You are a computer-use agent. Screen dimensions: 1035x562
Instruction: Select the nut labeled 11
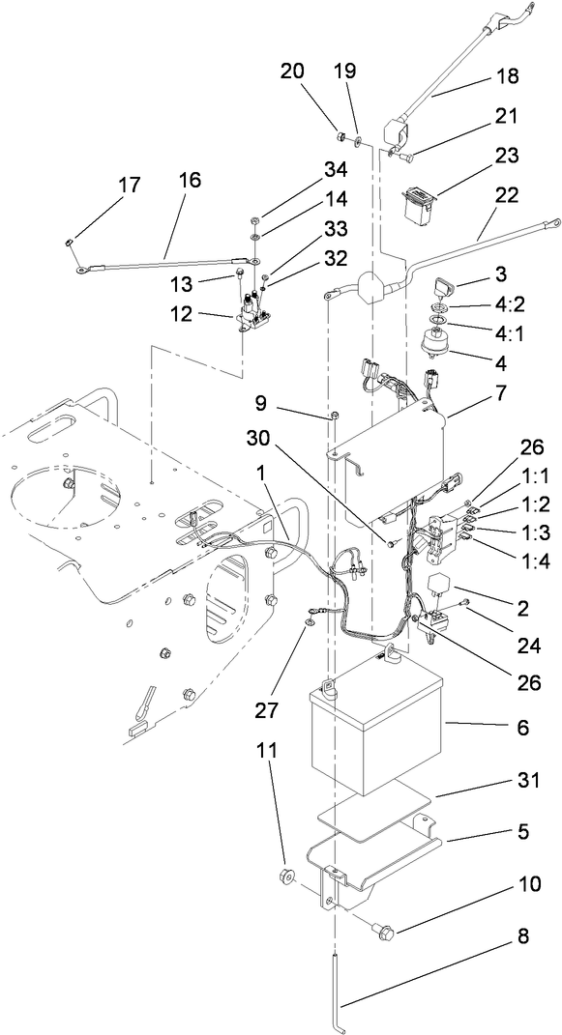tap(285, 878)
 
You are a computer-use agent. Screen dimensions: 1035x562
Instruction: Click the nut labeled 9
tap(333, 416)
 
